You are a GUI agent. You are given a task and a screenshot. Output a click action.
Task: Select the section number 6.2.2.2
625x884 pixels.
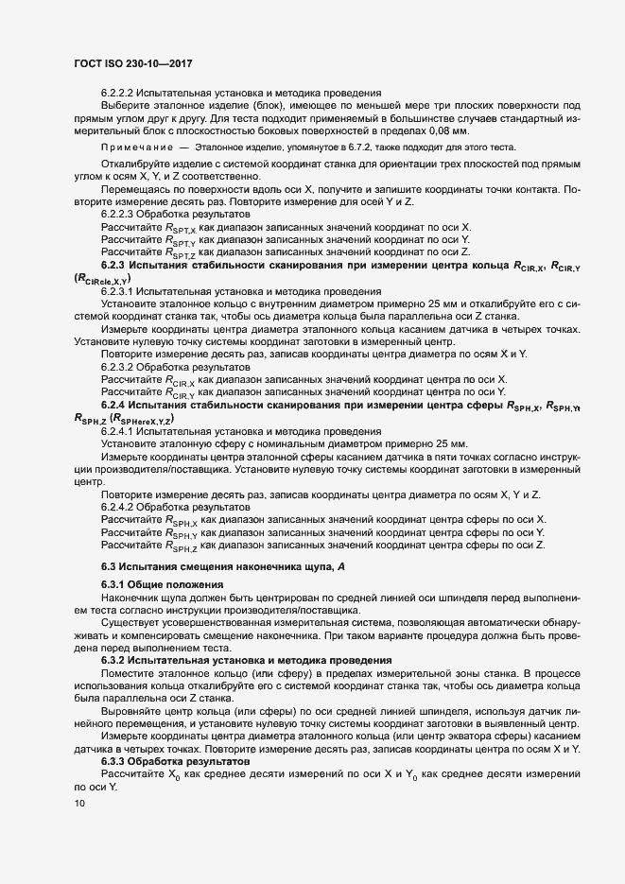coord(121,93)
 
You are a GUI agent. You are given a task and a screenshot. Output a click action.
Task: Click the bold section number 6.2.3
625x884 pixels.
coord(115,267)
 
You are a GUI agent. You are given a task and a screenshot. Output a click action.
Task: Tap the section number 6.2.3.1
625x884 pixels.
coord(121,292)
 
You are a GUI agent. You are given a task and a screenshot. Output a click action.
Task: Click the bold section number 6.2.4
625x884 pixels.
coord(115,405)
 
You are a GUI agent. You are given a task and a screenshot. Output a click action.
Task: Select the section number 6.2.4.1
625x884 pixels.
coord(121,430)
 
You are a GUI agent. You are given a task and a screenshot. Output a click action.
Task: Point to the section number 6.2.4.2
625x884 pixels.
coord(121,507)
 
